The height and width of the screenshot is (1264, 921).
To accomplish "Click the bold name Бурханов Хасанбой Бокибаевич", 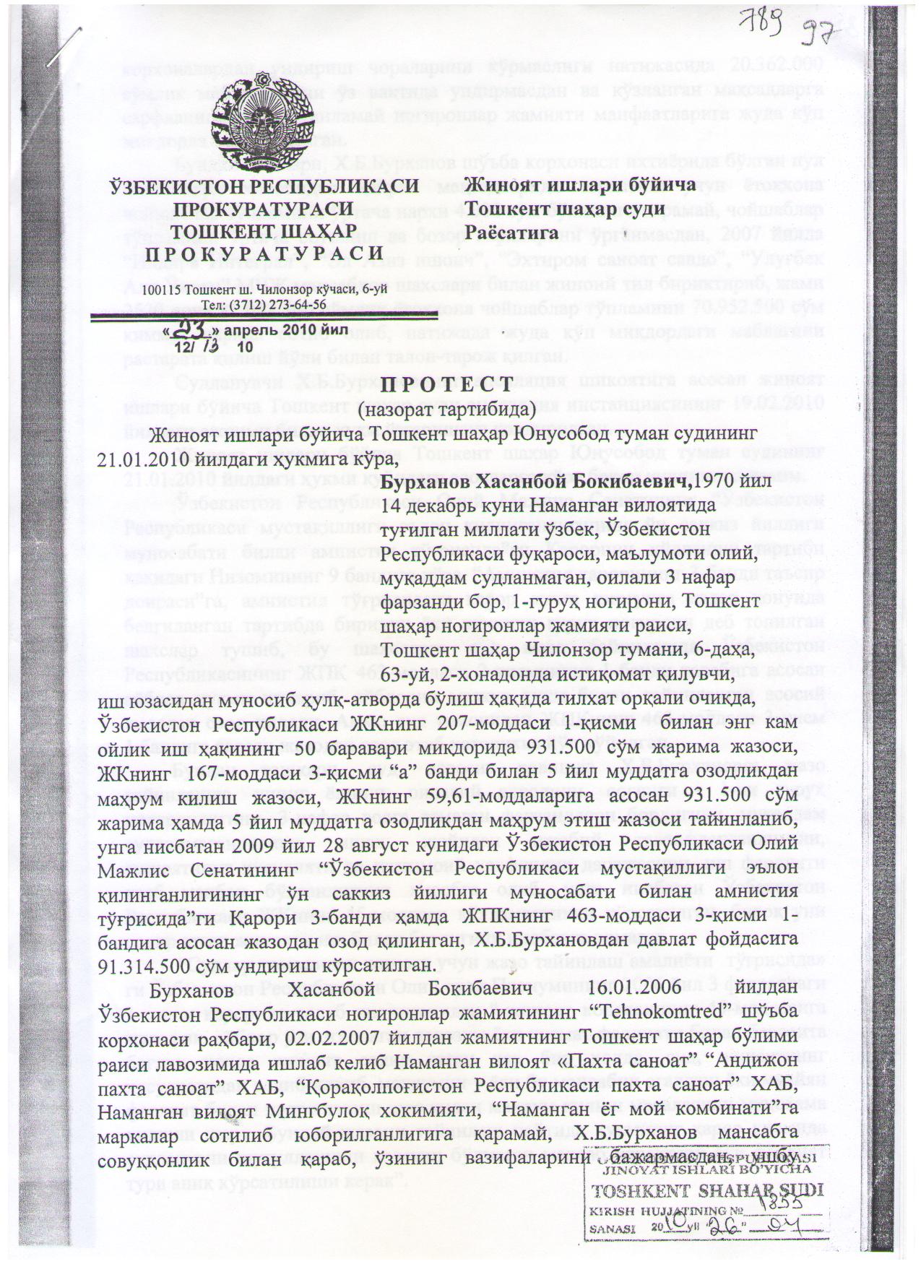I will coord(535,482).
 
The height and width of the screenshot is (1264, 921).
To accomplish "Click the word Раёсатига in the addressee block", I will coord(512,232).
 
